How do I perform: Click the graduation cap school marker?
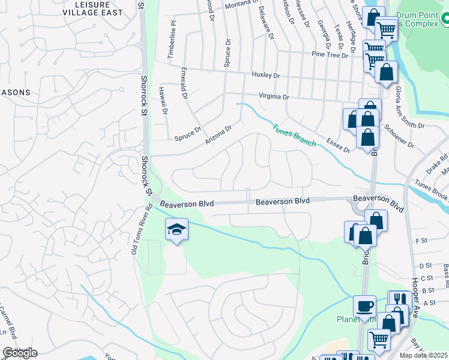coord(176,230)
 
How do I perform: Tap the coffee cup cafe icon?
coord(364,307)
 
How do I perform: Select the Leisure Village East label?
coord(100,8)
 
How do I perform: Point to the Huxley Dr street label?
coord(266,76)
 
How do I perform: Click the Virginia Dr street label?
coord(274,96)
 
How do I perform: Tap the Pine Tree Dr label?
coord(330,55)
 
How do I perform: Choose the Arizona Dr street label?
coord(218,134)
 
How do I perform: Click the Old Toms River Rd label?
coord(142,230)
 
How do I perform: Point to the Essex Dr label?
coord(338,144)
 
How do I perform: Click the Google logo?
coord(20,353)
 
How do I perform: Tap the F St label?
coord(420,241)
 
